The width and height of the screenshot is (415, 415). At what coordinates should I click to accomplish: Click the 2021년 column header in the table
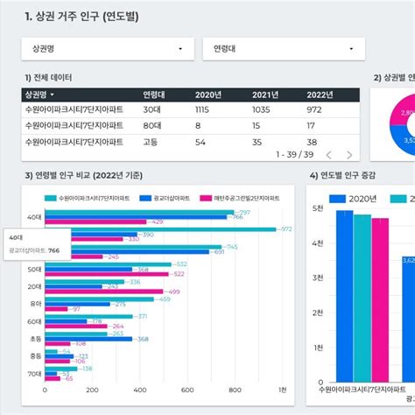coord(266,95)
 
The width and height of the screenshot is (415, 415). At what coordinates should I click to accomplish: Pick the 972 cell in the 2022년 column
coord(313,109)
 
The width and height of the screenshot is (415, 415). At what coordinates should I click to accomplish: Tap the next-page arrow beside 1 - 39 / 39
coord(350,155)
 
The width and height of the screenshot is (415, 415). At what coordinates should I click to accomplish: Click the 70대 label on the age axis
coord(35,373)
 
